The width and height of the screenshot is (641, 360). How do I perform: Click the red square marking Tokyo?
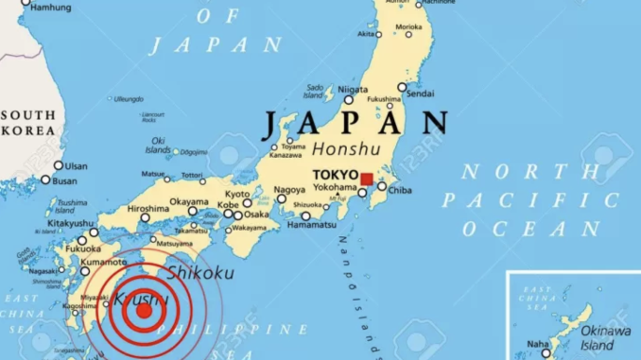[x=367, y=179]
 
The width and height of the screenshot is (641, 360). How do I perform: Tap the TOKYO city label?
[x=336, y=176]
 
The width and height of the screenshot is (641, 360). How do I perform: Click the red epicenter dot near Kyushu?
[x=144, y=310]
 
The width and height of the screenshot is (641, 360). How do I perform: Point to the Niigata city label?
[x=353, y=90]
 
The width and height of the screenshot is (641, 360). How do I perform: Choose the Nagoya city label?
[x=289, y=190]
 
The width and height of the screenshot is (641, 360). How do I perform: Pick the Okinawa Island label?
[x=606, y=337]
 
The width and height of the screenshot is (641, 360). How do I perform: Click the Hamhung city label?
[x=51, y=8]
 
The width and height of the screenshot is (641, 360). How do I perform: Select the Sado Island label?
[x=315, y=92]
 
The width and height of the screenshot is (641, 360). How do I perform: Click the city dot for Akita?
[x=379, y=35]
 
